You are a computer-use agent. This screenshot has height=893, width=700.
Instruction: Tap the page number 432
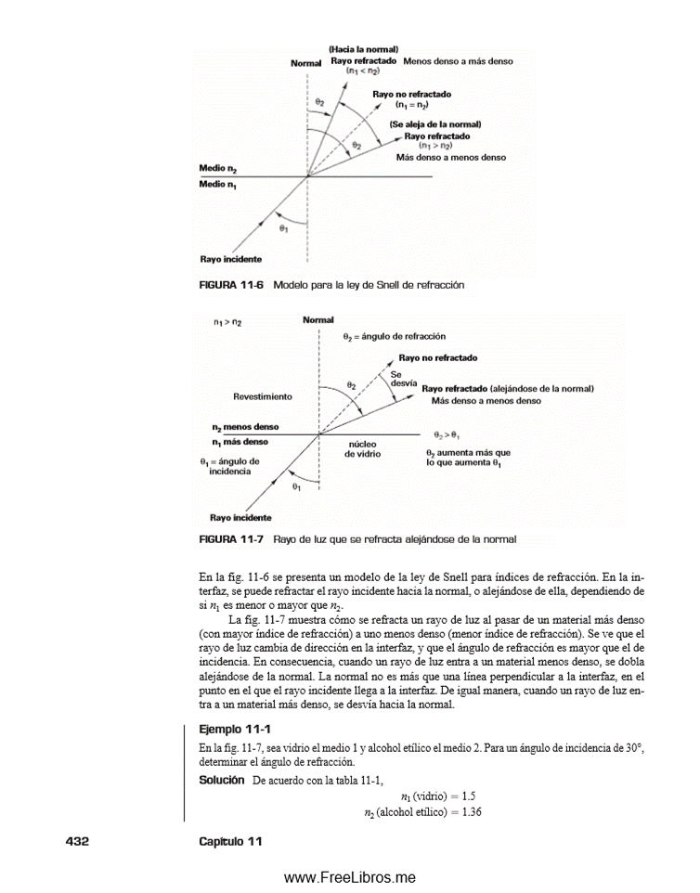click(x=77, y=841)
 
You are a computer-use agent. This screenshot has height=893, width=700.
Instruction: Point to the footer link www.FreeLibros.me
click(x=349, y=877)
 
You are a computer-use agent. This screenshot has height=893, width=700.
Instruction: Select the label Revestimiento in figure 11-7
click(x=263, y=396)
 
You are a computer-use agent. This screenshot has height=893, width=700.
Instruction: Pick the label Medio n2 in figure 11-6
click(x=220, y=168)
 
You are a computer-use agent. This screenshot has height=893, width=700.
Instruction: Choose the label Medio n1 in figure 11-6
click(x=220, y=184)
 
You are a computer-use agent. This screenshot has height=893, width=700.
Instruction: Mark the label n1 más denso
click(x=240, y=442)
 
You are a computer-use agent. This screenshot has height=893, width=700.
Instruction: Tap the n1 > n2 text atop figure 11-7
click(x=227, y=322)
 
